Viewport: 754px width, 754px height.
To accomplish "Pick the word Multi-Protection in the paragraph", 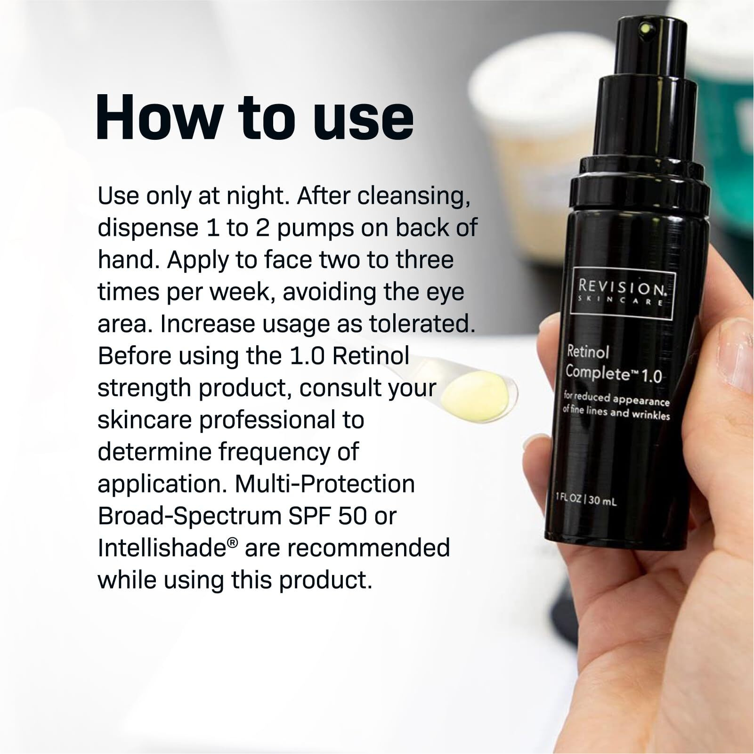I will (x=324, y=484).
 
